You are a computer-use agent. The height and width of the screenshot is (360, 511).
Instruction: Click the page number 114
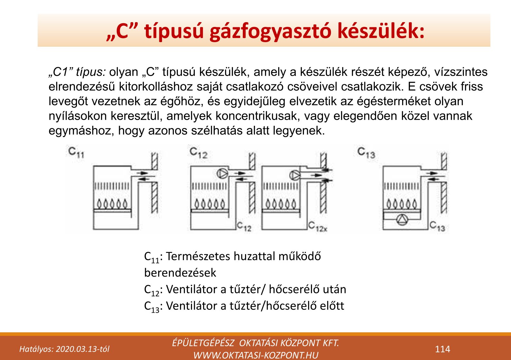(442, 349)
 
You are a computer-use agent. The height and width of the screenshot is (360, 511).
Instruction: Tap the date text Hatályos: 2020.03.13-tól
(64, 349)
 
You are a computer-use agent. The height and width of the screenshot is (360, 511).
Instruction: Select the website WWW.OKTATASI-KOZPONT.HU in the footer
(256, 355)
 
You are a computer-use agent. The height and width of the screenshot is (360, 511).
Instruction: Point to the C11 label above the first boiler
(76, 152)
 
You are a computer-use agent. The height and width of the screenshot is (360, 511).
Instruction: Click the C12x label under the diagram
(317, 226)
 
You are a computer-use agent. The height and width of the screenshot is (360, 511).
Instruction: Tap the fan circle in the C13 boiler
(402, 220)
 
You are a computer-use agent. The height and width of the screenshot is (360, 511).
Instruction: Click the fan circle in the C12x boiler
(295, 175)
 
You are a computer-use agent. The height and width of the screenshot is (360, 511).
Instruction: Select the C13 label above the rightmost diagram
(366, 152)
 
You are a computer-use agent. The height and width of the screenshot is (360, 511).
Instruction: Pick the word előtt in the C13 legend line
(332, 306)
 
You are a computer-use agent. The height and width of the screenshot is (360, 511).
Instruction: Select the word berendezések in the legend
(180, 273)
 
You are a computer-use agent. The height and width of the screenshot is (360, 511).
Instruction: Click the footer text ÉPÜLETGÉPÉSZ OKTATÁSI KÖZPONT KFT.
(256, 343)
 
